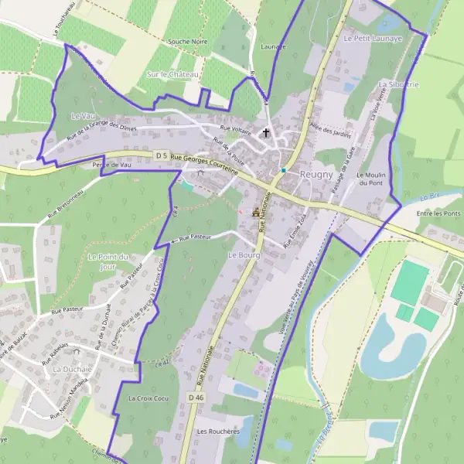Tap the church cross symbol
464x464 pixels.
[x=267, y=133]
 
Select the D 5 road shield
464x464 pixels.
[x=161, y=155]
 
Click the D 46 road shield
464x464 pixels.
[x=196, y=397]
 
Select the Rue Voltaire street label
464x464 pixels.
[x=236, y=130]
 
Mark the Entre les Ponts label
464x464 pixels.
[x=438, y=213]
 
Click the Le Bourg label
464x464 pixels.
[x=242, y=254]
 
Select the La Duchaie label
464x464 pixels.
[x=71, y=370]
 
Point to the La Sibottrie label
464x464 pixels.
[x=399, y=83]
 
